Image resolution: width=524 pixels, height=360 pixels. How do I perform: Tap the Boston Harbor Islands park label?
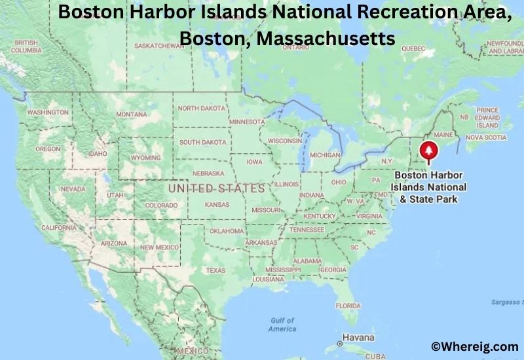tap(429, 187)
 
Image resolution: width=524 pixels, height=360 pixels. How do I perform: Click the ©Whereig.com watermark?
tap(474, 346)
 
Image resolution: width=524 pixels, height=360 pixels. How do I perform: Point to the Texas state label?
tap(215, 270)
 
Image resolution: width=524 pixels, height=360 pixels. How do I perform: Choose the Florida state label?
tap(348, 306)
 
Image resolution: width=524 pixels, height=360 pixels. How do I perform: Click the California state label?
tap(59, 228)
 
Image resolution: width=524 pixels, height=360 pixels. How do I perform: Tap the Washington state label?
tap(48, 113)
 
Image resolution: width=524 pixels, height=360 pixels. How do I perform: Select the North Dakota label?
tap(201, 108)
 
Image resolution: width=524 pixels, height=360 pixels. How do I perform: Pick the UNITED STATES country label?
tap(216, 189)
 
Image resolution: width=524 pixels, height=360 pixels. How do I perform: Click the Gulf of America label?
tap(282, 325)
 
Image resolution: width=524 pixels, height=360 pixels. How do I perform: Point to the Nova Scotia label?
tap(486, 137)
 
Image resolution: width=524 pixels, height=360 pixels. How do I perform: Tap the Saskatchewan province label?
tap(159, 46)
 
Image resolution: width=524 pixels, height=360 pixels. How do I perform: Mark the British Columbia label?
tap(26, 46)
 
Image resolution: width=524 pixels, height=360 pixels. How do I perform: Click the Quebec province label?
tap(413, 48)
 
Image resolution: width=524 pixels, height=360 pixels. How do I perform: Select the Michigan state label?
tap(326, 155)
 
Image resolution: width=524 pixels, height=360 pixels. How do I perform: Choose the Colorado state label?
tap(161, 206)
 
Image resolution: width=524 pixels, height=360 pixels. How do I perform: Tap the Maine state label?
tap(444, 134)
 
